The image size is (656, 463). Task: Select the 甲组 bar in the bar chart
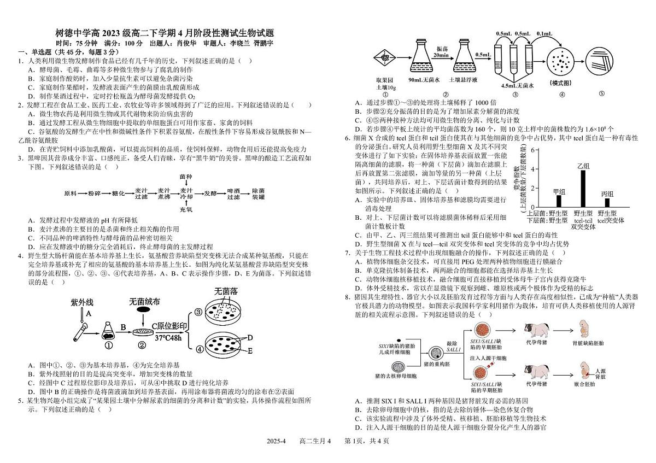click(559, 201)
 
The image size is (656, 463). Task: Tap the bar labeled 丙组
click(607, 203)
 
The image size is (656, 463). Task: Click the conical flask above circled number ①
click(108, 329)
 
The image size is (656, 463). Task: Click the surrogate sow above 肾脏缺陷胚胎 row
click(537, 331)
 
